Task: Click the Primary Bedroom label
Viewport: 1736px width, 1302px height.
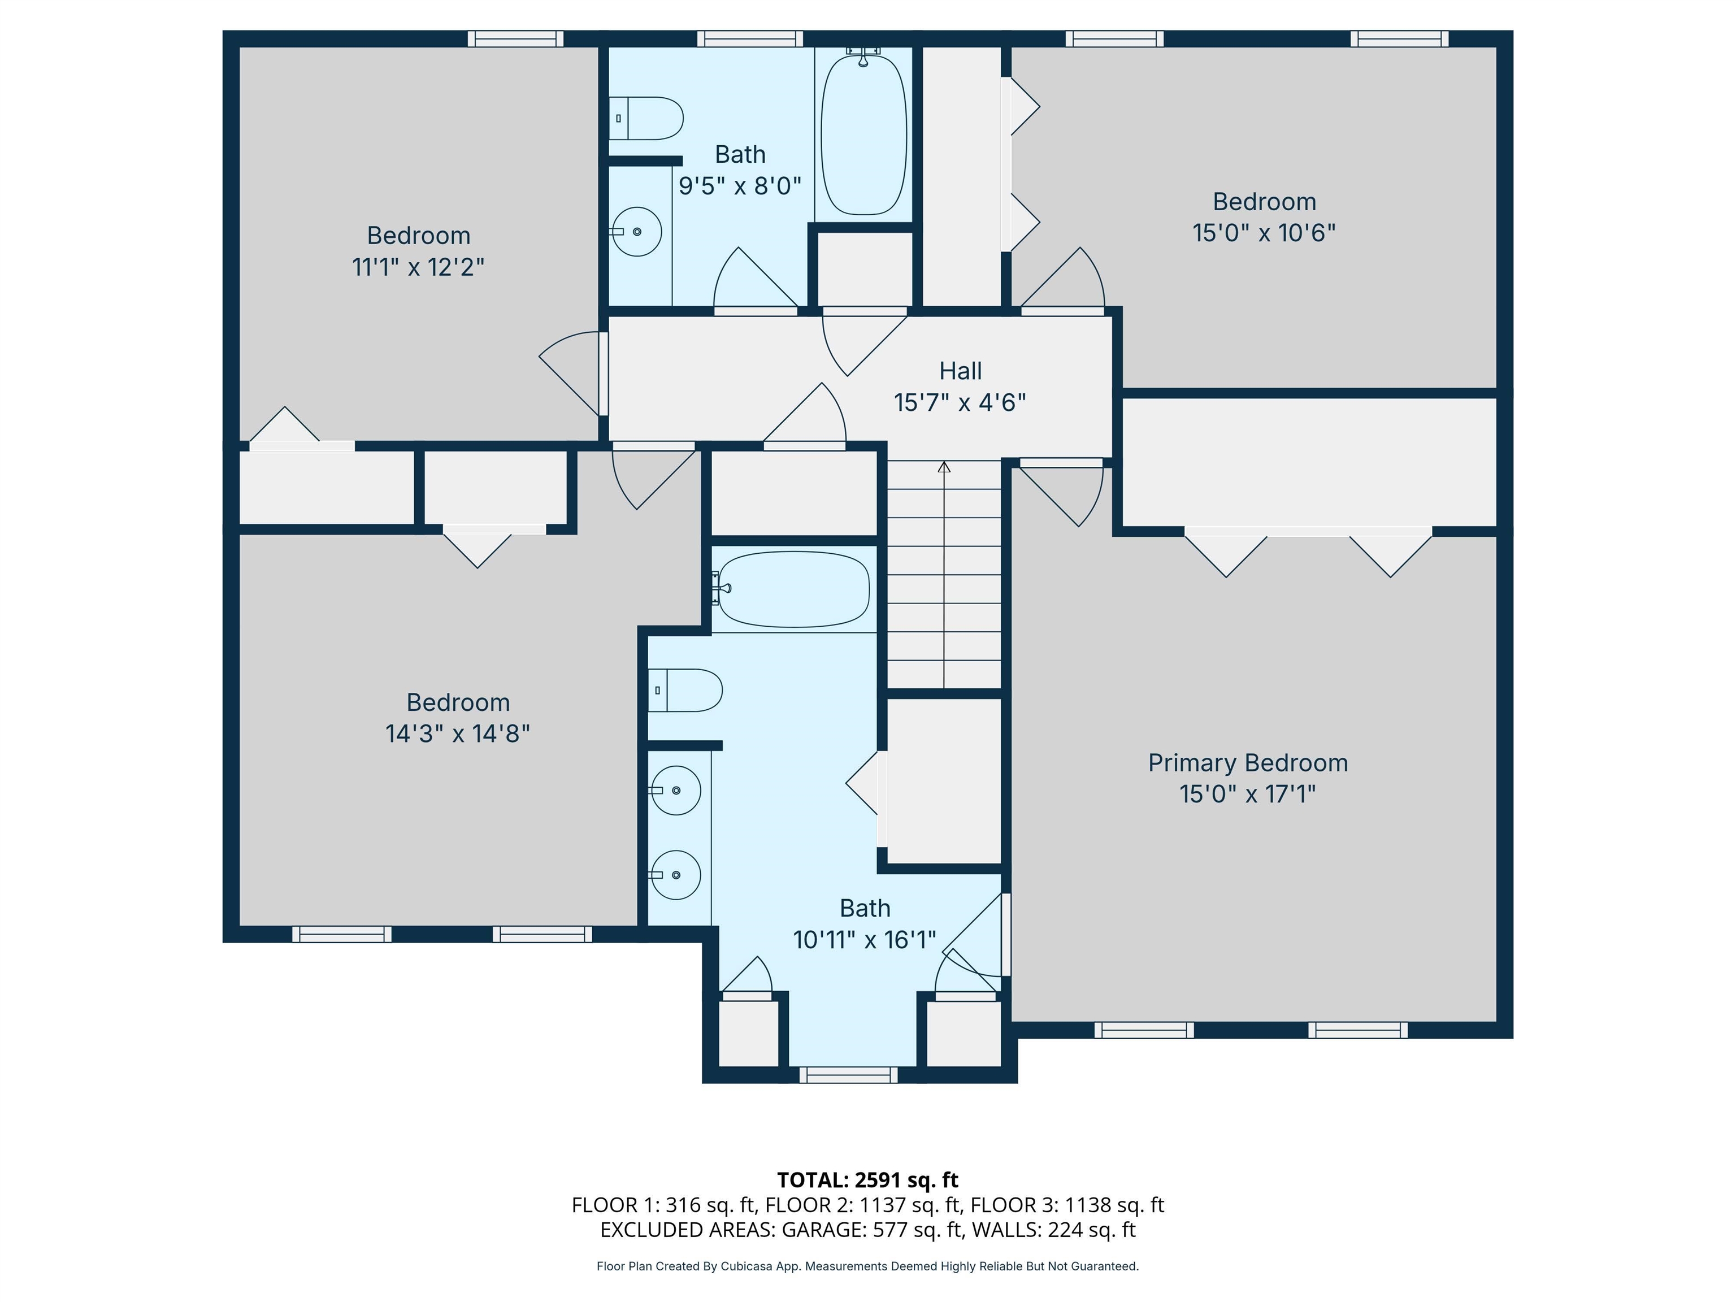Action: pyautogui.click(x=1247, y=762)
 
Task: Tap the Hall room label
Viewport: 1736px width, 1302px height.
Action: pyautogui.click(x=960, y=371)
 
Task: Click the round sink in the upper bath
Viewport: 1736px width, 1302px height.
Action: pyautogui.click(x=636, y=232)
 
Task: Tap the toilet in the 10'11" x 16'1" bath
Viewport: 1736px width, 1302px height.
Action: pyautogui.click(x=684, y=690)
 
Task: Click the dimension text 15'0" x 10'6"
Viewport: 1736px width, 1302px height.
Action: pyautogui.click(x=1264, y=233)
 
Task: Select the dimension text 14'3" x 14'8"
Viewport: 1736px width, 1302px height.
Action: pyautogui.click(x=458, y=733)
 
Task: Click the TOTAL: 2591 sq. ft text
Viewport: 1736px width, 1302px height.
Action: pyautogui.click(x=867, y=1179)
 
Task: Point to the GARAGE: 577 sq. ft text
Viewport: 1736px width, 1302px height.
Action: pyautogui.click(x=871, y=1230)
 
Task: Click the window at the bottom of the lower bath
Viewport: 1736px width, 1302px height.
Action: pyautogui.click(x=848, y=1074)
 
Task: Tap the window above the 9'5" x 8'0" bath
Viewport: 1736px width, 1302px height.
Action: pyautogui.click(x=749, y=38)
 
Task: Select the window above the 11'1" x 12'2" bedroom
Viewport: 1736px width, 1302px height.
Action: pyautogui.click(x=515, y=38)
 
